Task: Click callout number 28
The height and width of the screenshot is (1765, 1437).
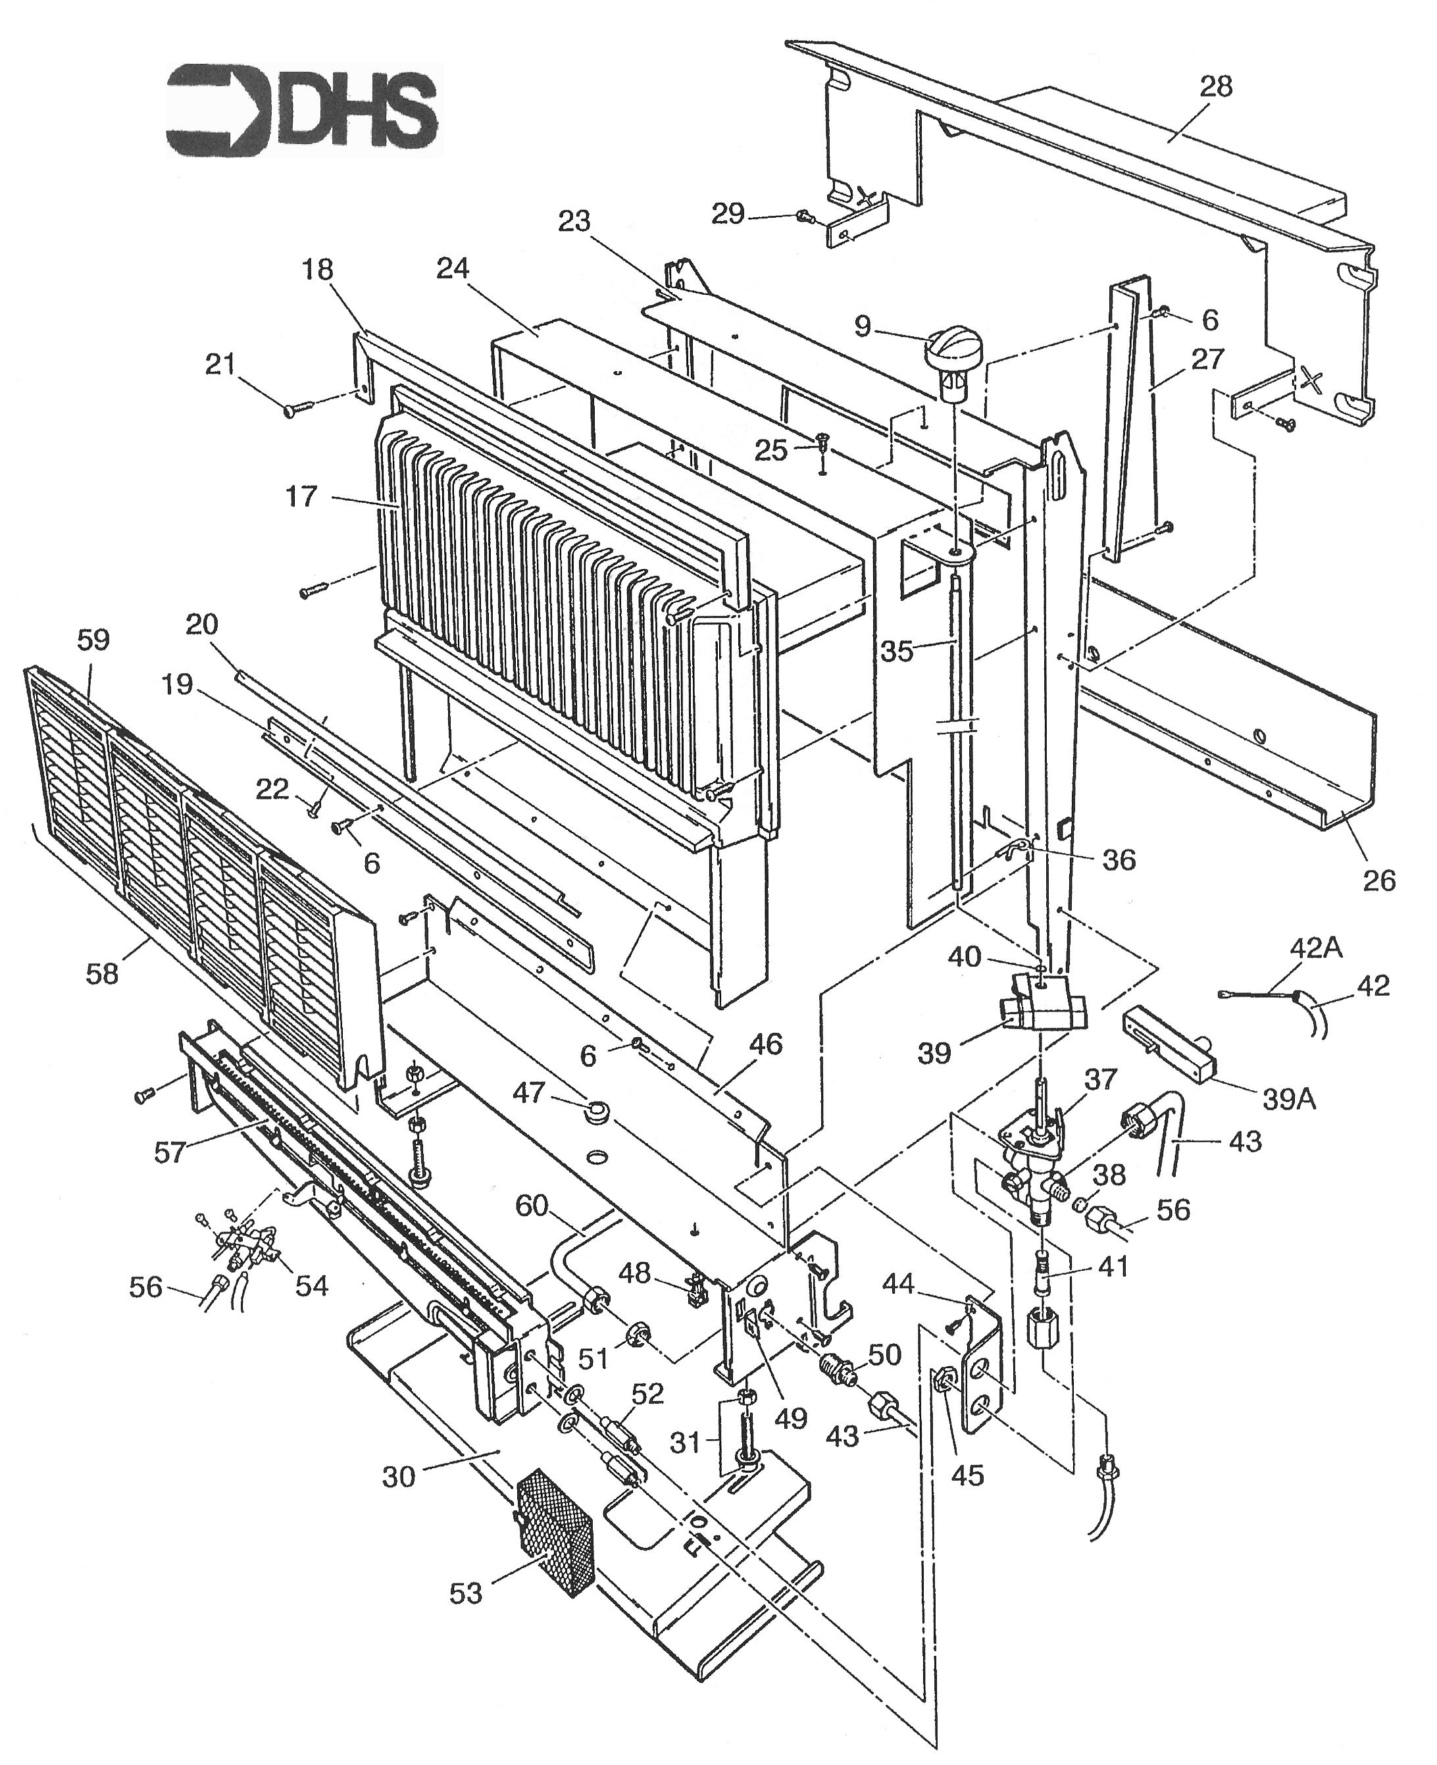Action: tap(1215, 87)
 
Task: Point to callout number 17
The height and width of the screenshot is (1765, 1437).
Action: tap(301, 497)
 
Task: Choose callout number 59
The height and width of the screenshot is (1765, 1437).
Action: tap(93, 640)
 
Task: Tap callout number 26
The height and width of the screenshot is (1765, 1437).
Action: tap(1379, 880)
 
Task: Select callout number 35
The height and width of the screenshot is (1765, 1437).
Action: tap(896, 652)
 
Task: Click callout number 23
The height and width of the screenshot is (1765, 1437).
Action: tap(574, 221)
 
